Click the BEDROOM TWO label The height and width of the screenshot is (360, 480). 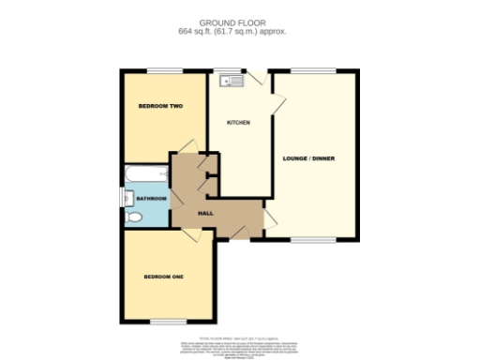tap(160, 106)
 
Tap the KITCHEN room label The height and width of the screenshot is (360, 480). tap(238, 123)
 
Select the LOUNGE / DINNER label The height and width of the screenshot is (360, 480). tap(311, 157)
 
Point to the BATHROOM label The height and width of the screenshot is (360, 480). tap(151, 199)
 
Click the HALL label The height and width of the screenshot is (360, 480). tap(205, 214)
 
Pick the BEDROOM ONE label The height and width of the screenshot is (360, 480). tap(162, 277)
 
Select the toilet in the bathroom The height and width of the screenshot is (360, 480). tap(134, 217)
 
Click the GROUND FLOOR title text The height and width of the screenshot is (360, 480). tap(239, 22)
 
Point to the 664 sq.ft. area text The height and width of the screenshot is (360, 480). tap(239, 31)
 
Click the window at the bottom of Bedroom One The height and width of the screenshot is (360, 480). tap(168, 322)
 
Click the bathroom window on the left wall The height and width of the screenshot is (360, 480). tap(121, 198)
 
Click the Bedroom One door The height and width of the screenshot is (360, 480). tap(190, 235)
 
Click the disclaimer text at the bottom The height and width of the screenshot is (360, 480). tap(239, 343)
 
